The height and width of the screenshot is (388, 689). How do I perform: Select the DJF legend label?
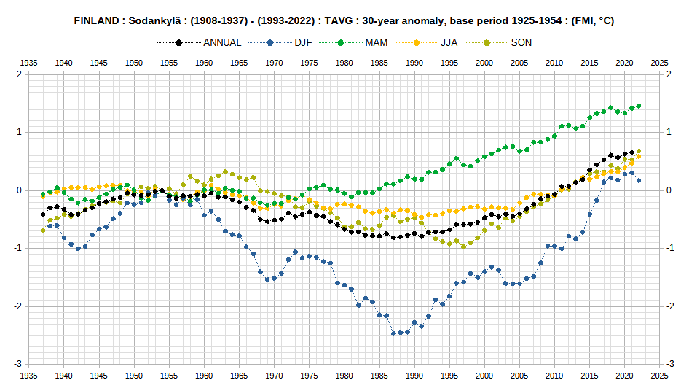point(303,43)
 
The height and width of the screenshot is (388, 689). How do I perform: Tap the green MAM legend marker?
point(341,43)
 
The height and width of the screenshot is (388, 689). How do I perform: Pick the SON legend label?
point(521,43)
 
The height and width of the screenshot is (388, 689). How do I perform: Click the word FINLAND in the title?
point(96,20)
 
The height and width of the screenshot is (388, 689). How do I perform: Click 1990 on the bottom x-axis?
point(414,376)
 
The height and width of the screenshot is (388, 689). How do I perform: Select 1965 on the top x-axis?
point(239,63)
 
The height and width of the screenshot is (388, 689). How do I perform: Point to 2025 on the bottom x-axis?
point(659,376)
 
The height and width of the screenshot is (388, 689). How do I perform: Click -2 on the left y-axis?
point(17,306)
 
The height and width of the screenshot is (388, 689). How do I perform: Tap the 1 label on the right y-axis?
point(669,132)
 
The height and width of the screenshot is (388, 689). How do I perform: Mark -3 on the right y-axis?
point(669,364)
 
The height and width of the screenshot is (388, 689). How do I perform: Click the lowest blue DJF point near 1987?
point(393,333)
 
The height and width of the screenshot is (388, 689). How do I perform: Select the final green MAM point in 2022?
point(639,106)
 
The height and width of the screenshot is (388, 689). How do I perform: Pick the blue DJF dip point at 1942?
point(78,249)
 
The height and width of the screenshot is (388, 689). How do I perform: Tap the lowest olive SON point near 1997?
point(463,247)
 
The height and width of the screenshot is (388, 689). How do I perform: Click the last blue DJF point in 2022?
point(639,180)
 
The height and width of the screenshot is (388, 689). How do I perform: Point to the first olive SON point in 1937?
point(43,230)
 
